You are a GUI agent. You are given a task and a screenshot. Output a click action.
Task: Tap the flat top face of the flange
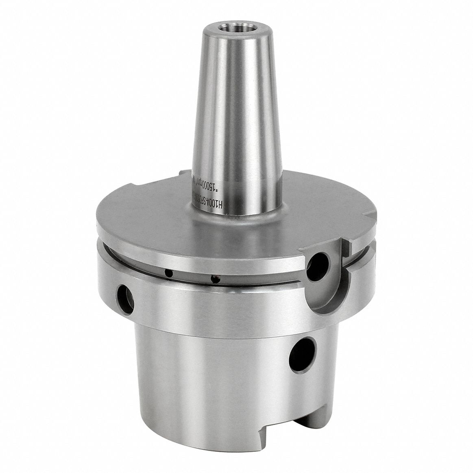click(163, 228)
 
